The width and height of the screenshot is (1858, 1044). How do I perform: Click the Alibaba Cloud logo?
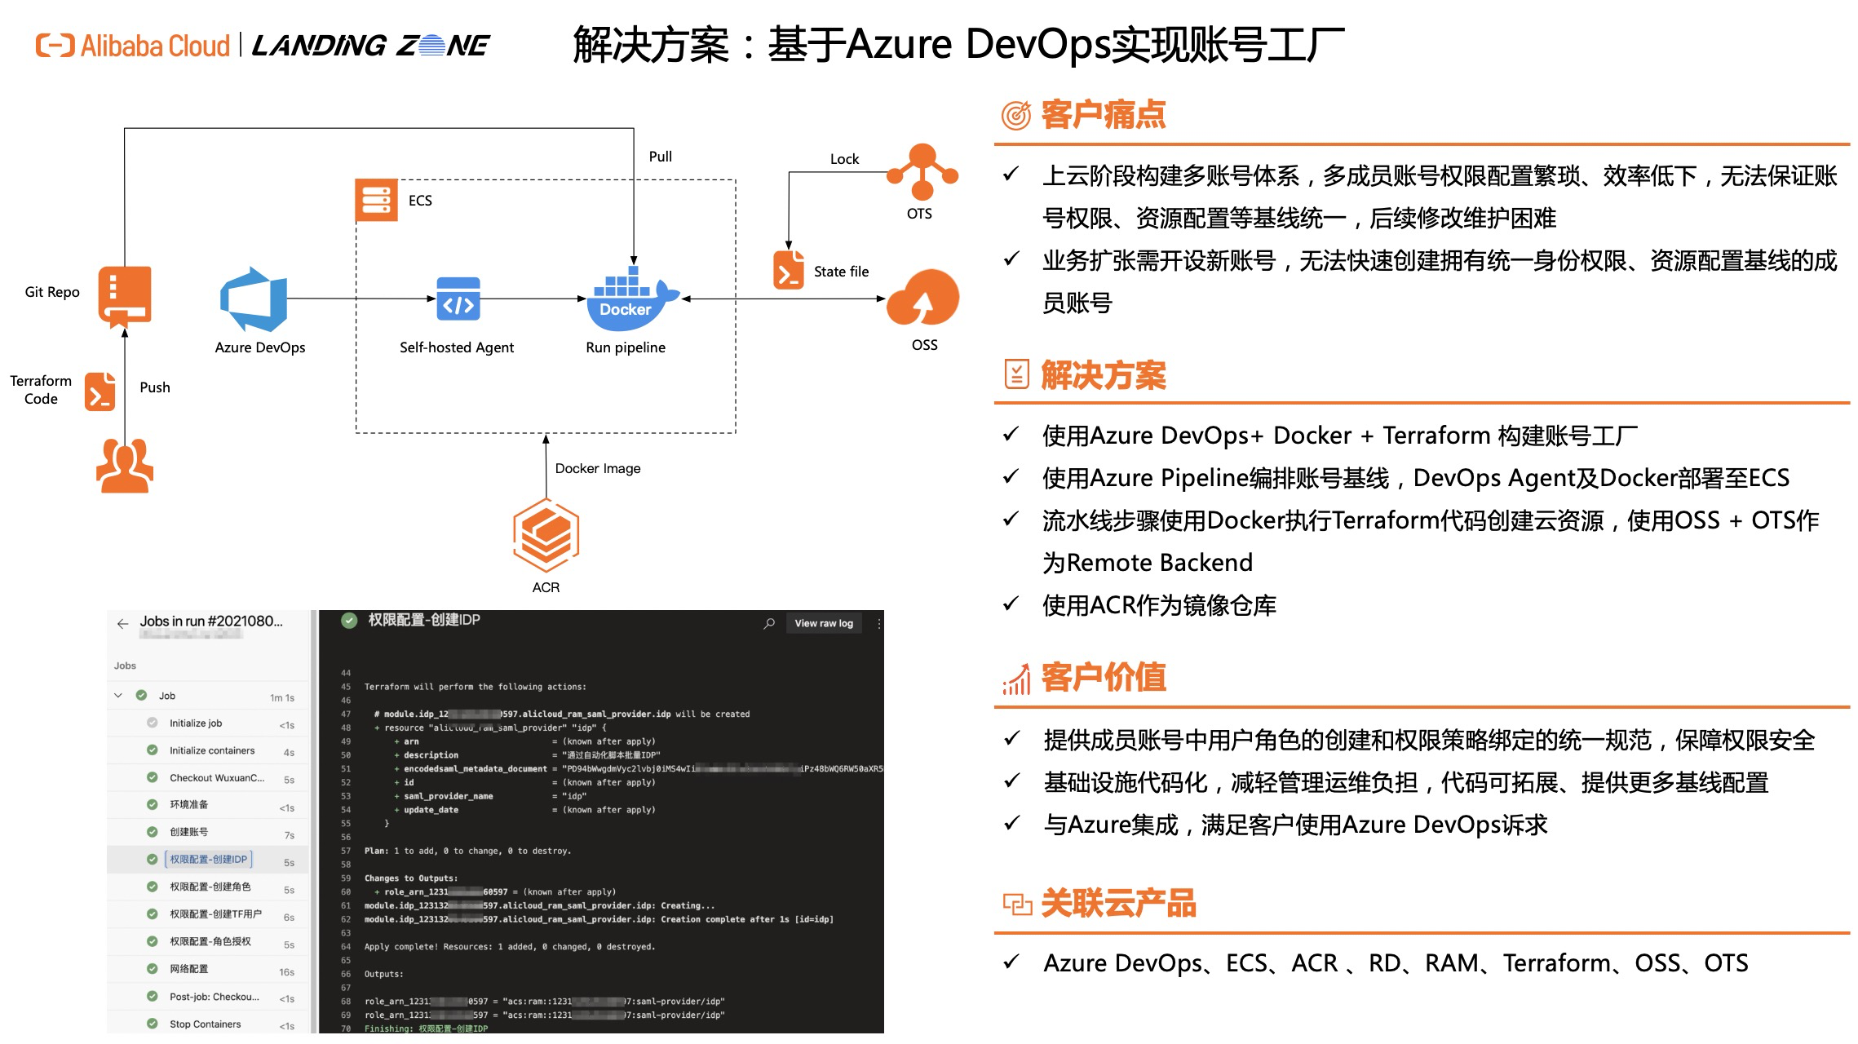(x=133, y=46)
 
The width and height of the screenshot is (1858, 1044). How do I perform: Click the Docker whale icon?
(x=630, y=299)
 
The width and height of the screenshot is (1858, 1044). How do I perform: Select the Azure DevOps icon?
(x=254, y=299)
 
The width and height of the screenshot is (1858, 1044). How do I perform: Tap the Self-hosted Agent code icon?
(x=458, y=299)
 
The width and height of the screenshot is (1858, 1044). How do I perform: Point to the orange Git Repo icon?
(x=125, y=296)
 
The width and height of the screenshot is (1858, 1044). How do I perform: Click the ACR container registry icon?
(x=546, y=535)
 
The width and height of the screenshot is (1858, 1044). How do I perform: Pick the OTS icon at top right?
(x=922, y=171)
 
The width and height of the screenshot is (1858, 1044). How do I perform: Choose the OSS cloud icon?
(x=923, y=299)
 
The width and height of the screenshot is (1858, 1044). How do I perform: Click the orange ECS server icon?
(x=376, y=201)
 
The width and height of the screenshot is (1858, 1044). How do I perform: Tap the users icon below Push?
(x=125, y=466)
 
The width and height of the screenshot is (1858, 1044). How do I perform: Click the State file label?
(x=841, y=272)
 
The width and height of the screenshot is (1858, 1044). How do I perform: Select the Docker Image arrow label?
(x=597, y=468)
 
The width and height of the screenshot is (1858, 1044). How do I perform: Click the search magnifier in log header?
(x=769, y=624)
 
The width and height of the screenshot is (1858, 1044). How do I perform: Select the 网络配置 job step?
(x=188, y=969)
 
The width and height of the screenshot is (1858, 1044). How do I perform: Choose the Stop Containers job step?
(x=205, y=1024)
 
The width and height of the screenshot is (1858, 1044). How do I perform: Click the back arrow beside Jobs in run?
(x=122, y=624)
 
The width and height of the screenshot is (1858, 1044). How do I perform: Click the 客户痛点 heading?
(x=1103, y=115)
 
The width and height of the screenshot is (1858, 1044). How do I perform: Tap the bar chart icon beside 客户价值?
(x=1016, y=679)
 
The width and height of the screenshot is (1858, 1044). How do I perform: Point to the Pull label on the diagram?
(x=660, y=157)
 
